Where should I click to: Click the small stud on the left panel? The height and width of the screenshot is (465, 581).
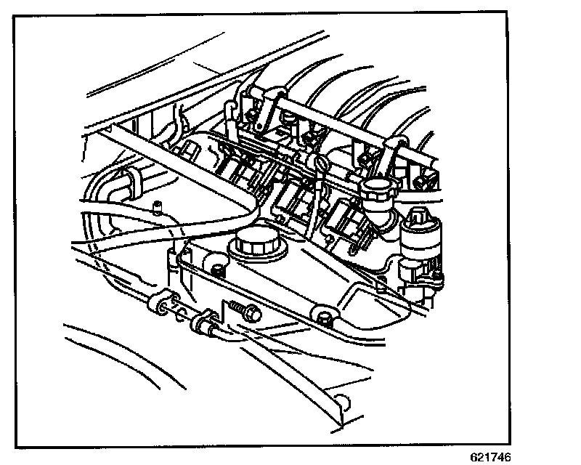point(155,206)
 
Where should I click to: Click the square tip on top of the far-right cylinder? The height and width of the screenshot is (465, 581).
point(418,215)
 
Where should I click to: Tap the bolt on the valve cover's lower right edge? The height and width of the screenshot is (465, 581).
point(323,315)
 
